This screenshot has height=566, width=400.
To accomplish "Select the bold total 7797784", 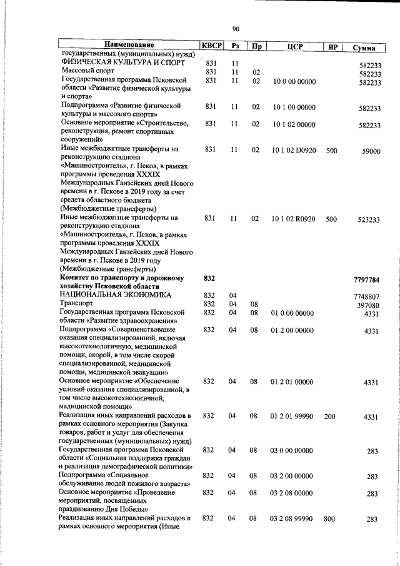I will [x=366, y=280].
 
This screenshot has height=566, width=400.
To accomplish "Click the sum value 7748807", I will [x=367, y=296].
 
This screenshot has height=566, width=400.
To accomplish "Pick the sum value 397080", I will [x=369, y=305].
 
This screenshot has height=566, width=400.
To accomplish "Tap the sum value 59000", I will [x=371, y=151].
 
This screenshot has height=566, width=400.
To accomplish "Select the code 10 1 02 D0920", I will [x=293, y=150].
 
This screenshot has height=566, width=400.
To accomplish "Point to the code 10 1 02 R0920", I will [x=293, y=219].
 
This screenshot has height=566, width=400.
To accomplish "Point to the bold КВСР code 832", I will [x=209, y=277].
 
